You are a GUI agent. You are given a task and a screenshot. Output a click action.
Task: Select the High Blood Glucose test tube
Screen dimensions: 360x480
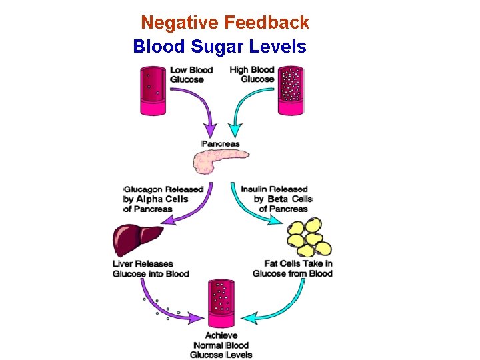tap(290, 90)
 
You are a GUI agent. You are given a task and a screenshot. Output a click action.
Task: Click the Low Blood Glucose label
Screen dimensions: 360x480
tap(192, 75)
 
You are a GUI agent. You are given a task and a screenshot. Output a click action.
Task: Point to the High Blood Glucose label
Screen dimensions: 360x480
tap(252, 75)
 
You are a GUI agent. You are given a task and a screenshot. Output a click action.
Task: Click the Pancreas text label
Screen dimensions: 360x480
tap(221, 143)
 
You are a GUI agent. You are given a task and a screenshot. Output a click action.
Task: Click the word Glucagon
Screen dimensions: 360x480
tap(144, 189)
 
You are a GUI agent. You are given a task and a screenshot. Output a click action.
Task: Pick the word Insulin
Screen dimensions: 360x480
tap(256, 189)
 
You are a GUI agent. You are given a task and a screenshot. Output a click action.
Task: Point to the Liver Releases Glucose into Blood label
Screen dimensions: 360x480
tap(151, 269)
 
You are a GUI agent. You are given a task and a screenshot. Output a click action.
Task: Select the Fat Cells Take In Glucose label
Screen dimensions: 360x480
tap(293, 269)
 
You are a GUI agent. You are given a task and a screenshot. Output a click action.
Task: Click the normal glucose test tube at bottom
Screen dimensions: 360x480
tap(221, 304)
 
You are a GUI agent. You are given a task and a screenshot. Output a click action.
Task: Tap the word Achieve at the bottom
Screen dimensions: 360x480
tap(221, 336)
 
